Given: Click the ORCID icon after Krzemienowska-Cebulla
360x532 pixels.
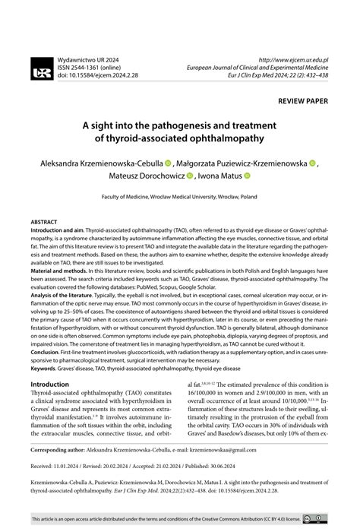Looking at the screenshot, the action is [x=168, y=163].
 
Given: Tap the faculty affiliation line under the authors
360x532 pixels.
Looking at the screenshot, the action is [x=180, y=196].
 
